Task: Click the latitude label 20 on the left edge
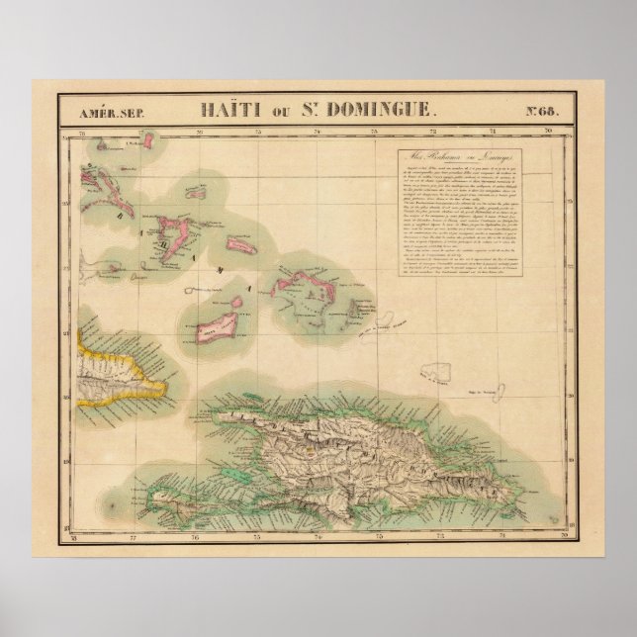tap(67, 400)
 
